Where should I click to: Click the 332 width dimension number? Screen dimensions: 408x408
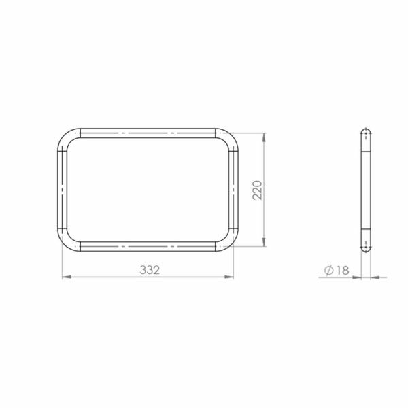tap(150, 270)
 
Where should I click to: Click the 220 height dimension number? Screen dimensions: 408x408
tap(258, 190)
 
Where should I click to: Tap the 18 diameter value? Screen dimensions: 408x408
tap(343, 271)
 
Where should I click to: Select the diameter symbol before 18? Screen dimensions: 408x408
tap(329, 271)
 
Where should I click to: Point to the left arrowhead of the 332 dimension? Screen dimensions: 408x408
tap(67, 277)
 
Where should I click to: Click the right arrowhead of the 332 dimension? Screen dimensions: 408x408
tap(229, 277)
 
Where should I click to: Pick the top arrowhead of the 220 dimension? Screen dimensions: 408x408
tap(265, 137)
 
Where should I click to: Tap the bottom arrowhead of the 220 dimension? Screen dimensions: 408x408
tap(265, 241)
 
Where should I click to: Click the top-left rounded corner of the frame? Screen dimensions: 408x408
tap(65, 136)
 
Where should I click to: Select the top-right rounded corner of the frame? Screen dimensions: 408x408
tap(231, 136)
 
